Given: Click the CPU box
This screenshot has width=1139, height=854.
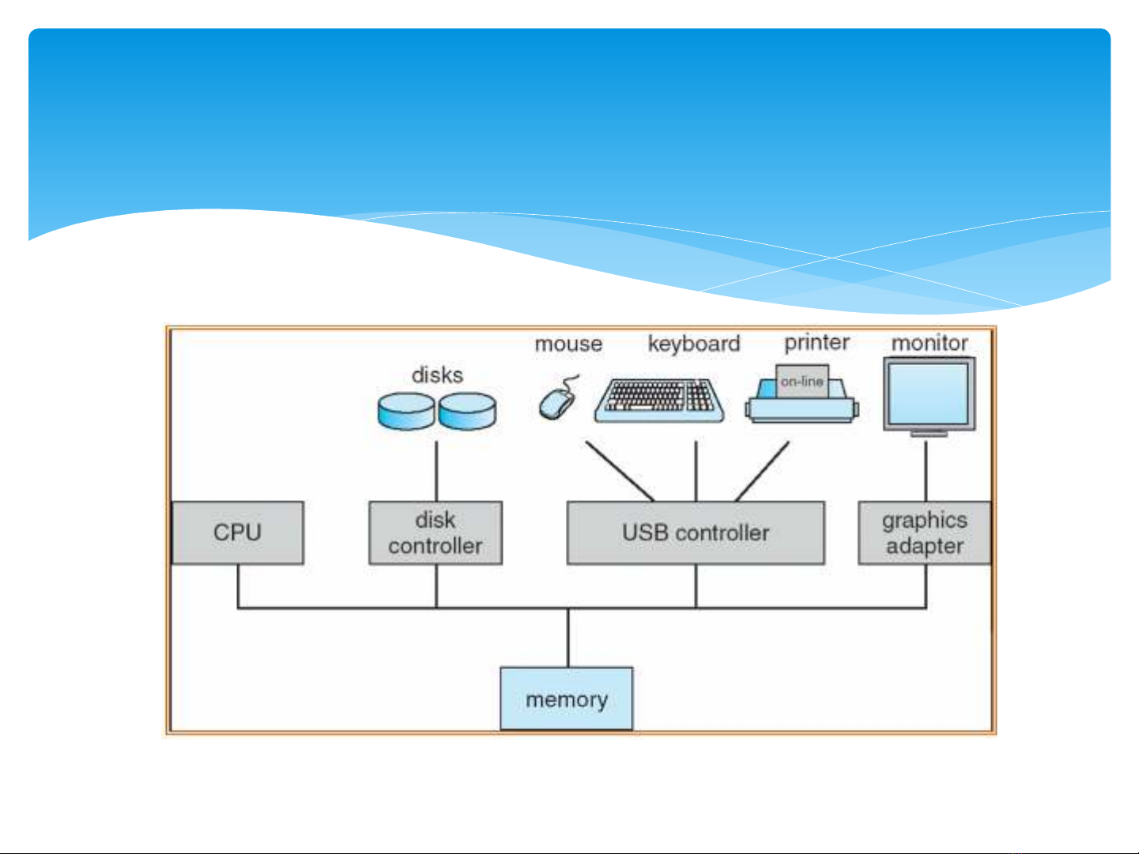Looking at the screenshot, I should pos(237,532).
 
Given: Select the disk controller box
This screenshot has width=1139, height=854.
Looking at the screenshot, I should pos(436,532).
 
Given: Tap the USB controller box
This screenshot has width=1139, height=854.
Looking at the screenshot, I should pos(696,532).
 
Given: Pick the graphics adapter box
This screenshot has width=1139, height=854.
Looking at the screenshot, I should pos(925,532).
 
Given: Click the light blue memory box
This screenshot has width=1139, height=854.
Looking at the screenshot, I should pos(567,699).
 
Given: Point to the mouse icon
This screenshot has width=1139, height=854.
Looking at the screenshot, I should pos(557,402).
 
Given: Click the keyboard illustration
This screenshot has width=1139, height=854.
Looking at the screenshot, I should pos(659,400).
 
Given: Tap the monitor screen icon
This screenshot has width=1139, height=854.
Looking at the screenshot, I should pos(929,393).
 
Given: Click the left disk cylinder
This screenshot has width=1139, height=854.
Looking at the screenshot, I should pos(406,412).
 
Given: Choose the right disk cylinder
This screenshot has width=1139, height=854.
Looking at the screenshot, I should pos(467,412).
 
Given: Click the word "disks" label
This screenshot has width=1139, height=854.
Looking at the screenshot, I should pos(437,374).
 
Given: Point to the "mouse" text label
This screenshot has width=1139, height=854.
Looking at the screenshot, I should pos(568,344).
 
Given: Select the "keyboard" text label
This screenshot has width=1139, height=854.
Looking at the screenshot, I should pos(694,344).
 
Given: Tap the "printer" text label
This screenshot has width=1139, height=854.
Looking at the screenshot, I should pos(817,343).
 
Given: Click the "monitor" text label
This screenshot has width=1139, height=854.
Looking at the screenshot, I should pos(930,343).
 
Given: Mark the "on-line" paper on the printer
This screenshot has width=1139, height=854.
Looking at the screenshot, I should pos(802,381).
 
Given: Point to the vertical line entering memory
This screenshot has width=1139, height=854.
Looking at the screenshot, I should pos(568,638).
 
